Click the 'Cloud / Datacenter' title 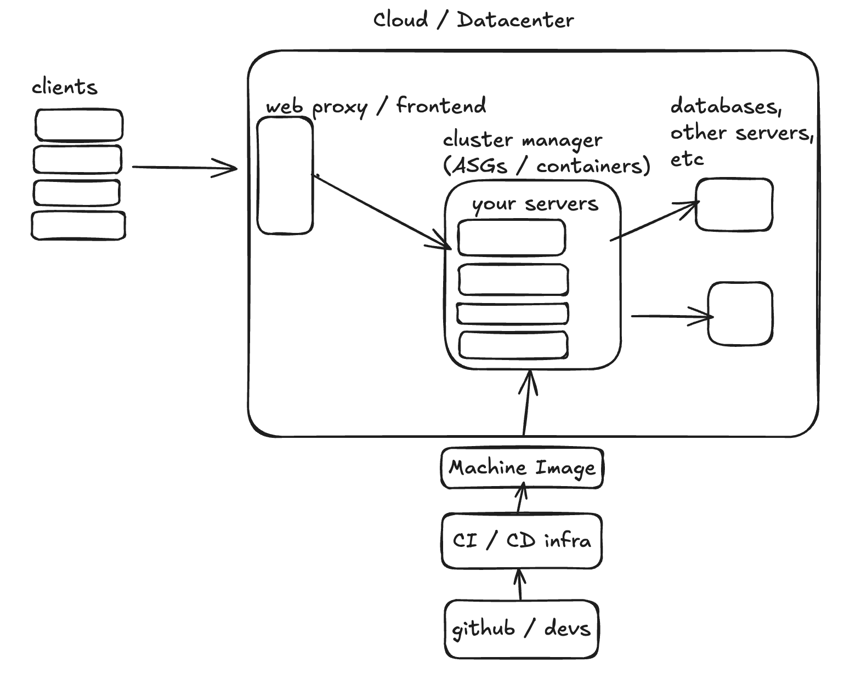pos(473,20)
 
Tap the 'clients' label pos(64,87)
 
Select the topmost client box pos(79,125)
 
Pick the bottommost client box pos(78,225)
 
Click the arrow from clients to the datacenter pos(184,167)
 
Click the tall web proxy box pos(285,175)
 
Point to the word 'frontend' pos(441,105)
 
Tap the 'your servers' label pos(535,203)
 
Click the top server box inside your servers pos(511,237)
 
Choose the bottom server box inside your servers pos(513,345)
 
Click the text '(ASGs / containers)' pos(546,165)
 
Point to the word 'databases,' pos(725,106)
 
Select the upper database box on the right pos(734,204)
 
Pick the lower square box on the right pos(740,313)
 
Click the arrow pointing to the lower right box pos(672,316)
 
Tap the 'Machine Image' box pos(522,467)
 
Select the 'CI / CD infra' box pos(522,541)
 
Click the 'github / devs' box pos(520,628)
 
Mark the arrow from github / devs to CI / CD pos(520,584)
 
